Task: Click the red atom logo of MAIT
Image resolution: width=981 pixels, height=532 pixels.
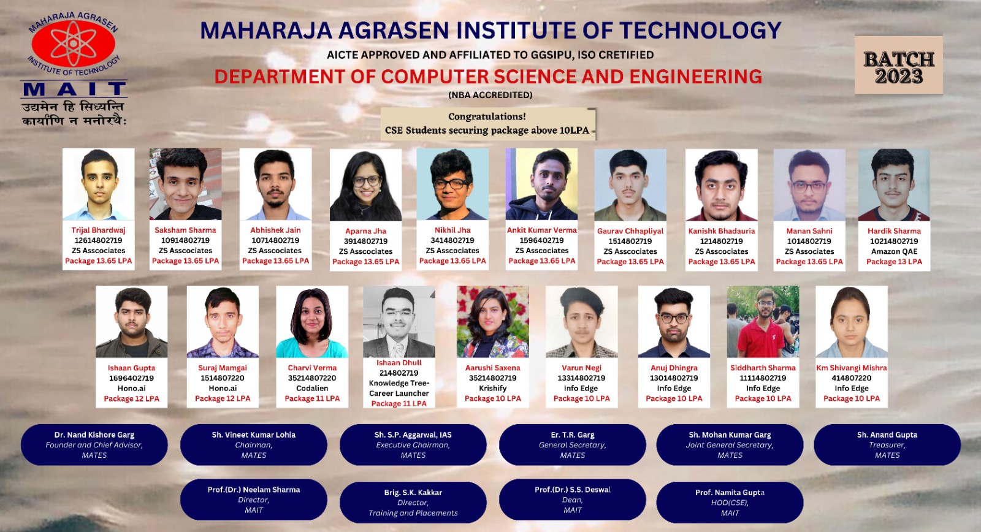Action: pos(73,44)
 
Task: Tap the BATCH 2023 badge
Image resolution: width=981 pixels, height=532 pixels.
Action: pos(899,65)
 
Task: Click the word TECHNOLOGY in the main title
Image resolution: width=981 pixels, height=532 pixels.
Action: pos(700,31)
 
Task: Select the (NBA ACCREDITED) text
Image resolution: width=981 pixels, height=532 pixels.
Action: pos(490,95)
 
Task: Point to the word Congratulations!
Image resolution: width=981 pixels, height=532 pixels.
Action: pos(487,116)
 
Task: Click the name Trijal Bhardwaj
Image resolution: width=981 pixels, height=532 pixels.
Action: pos(99,230)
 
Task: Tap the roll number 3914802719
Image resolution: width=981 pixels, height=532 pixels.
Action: pos(365,241)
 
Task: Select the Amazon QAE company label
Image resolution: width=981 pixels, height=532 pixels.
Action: pos(895,251)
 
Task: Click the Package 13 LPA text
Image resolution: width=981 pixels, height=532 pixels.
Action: pos(895,261)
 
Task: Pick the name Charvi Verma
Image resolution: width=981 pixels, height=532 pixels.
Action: pos(312,368)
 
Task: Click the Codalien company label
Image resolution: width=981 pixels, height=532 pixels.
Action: pos(312,389)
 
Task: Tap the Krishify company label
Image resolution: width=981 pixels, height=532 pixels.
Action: pos(493,389)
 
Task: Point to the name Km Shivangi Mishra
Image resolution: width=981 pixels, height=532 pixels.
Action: pos(852,368)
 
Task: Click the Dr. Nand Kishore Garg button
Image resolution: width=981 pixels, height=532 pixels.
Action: pos(94,445)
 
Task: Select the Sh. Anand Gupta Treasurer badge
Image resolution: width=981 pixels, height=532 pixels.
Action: pos(887,445)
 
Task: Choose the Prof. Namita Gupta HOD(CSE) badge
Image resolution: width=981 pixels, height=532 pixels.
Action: pos(730,503)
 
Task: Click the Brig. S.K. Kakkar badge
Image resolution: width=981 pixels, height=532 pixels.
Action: pos(413,503)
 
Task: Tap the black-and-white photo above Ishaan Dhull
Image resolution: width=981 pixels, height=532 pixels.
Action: pos(399,322)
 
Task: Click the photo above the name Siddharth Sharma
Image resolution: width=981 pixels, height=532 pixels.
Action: pos(763,322)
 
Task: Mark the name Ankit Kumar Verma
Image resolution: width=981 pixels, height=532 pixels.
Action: pos(542,230)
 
